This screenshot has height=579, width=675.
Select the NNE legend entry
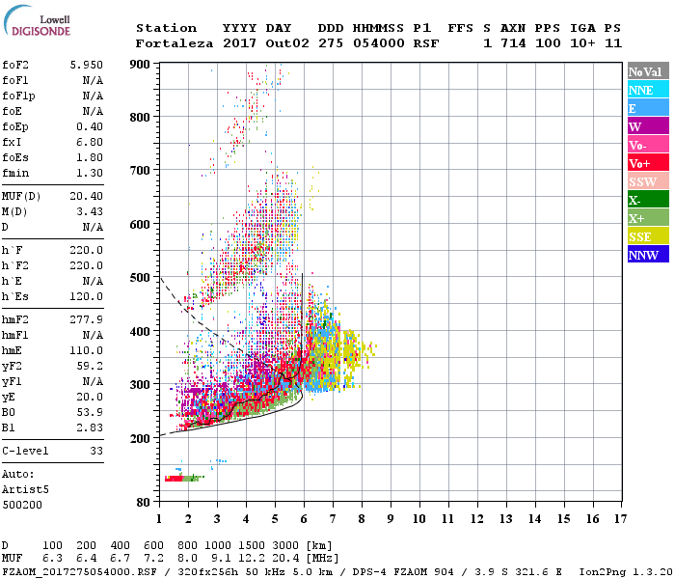[x=648, y=90]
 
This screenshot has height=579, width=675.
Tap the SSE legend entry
[x=648, y=236]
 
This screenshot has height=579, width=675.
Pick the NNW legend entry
[x=648, y=255]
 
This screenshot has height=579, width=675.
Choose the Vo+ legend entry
[x=648, y=163]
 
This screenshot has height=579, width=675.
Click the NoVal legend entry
[x=648, y=71]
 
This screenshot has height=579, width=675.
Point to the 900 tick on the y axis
[x=141, y=64]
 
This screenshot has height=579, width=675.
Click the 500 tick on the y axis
[x=141, y=278]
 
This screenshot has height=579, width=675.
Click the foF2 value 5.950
[x=86, y=64]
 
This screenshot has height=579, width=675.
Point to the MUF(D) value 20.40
[x=86, y=196]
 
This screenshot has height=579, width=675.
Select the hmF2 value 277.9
[x=86, y=319]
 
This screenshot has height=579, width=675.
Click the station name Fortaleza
[x=175, y=43]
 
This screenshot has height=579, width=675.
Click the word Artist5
[x=25, y=489]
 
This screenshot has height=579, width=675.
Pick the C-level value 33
[x=95, y=451]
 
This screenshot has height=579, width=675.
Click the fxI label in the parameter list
[x=13, y=141]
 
